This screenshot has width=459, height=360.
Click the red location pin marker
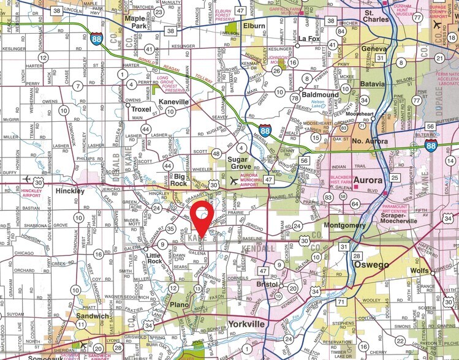(x=202, y=217)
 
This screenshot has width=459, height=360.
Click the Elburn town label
(x=253, y=26)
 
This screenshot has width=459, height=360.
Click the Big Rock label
(x=179, y=179)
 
